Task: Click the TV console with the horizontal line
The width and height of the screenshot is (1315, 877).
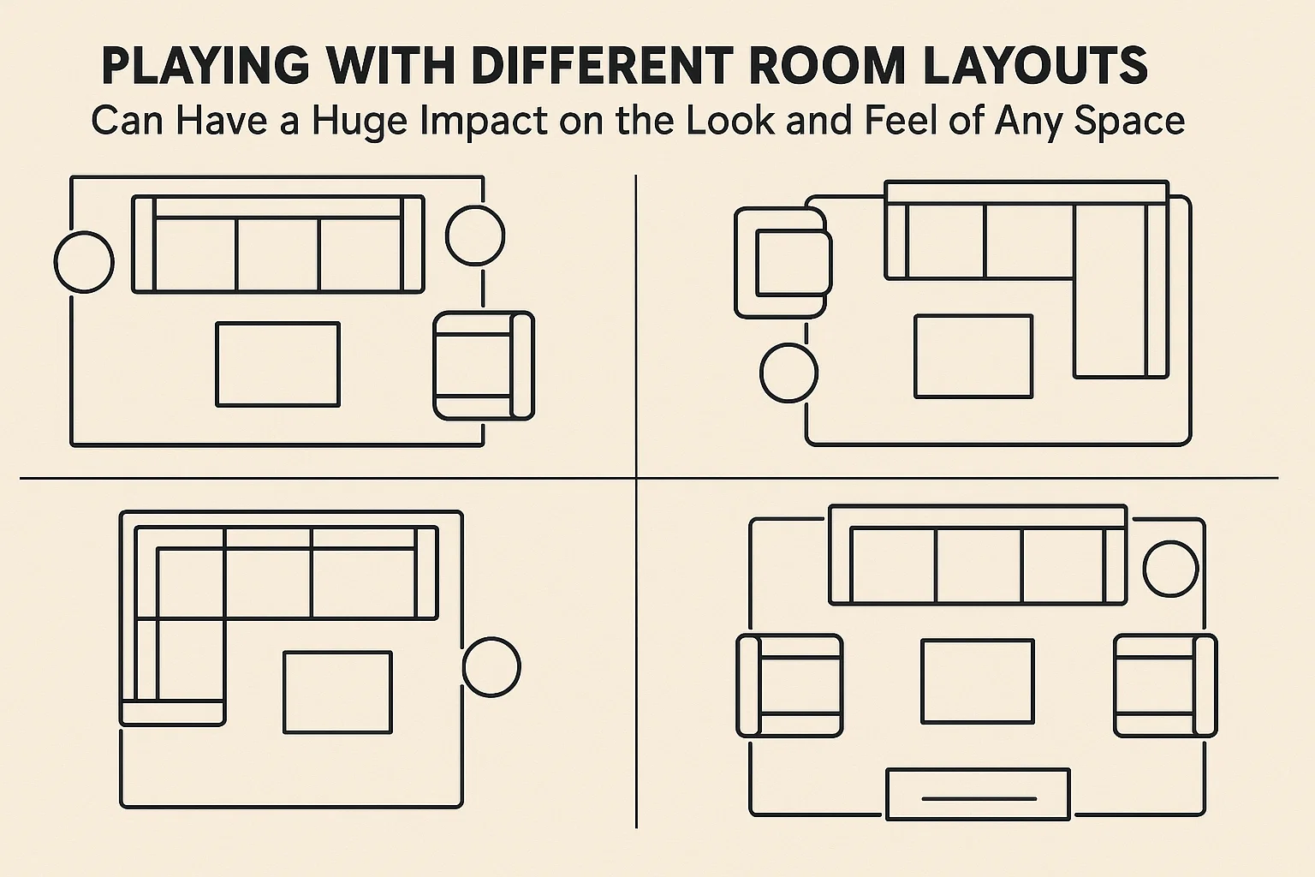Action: tap(978, 794)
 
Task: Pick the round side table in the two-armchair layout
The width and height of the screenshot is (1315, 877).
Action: tap(1170, 569)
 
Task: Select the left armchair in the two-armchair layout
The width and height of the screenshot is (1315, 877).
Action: tap(789, 685)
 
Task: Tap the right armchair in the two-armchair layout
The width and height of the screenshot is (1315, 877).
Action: tap(1164, 685)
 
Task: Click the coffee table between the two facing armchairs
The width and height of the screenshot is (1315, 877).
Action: tap(977, 681)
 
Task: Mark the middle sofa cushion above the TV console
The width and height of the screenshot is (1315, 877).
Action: tap(979, 566)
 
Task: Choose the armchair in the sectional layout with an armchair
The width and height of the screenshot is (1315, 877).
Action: tap(782, 262)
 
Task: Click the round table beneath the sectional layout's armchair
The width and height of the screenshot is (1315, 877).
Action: tap(788, 373)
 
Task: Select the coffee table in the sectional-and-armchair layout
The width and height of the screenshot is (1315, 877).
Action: tap(973, 356)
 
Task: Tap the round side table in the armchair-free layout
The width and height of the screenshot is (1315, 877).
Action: tap(491, 666)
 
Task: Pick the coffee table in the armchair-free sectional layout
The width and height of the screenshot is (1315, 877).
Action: tap(337, 692)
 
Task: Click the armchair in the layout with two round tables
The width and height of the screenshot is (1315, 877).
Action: tap(483, 366)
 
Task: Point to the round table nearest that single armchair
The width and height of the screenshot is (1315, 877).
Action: tap(475, 235)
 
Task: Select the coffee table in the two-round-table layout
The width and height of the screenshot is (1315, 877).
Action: tap(277, 364)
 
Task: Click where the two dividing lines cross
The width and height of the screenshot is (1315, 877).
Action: tap(636, 477)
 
